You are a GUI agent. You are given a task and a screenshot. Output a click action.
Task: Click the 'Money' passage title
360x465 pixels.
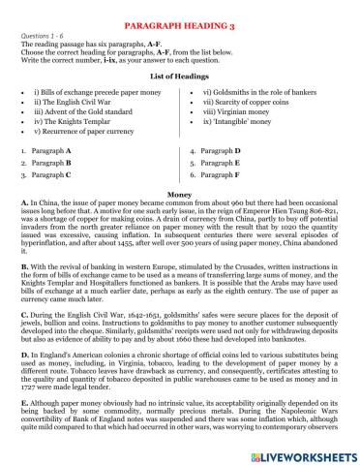179,195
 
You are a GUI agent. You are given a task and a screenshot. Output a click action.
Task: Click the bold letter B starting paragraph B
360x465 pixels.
22,263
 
